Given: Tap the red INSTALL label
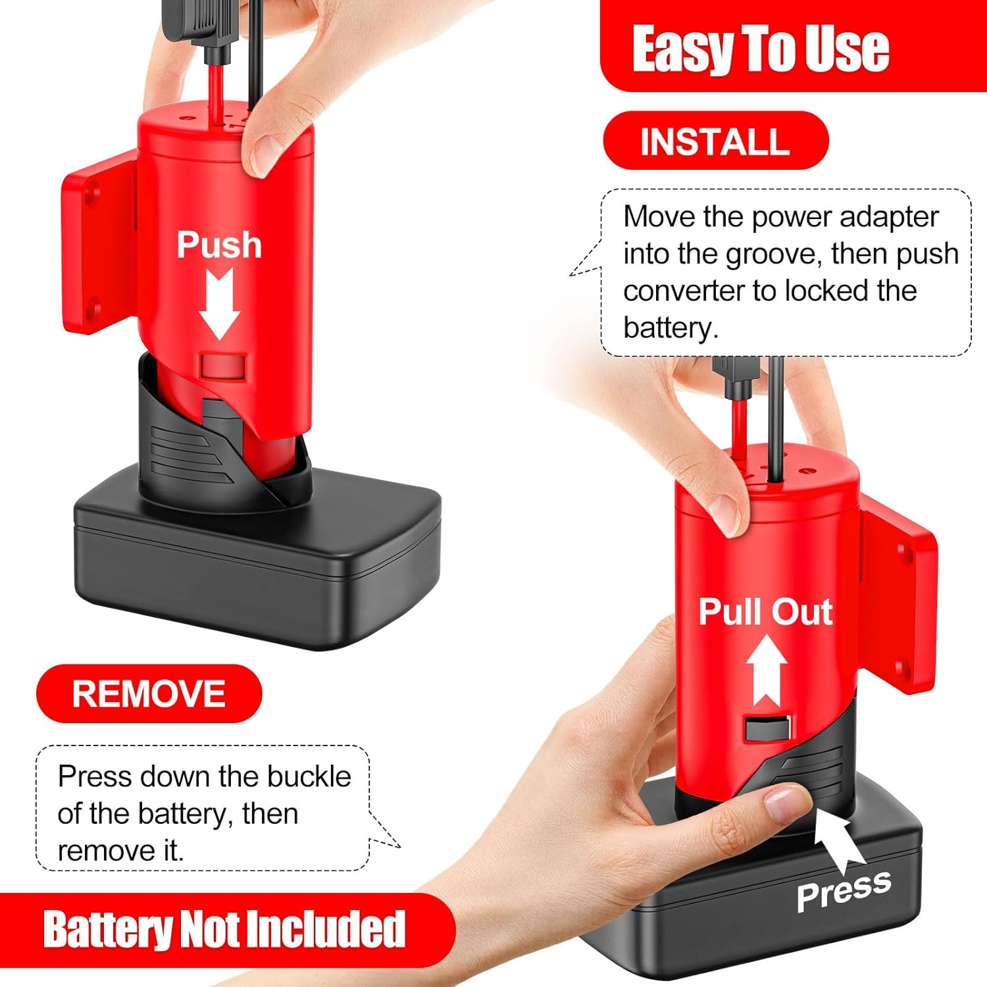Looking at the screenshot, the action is click(715, 141).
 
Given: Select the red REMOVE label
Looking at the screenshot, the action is click(149, 694).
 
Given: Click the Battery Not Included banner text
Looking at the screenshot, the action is click(224, 929).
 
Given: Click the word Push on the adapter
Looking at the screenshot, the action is click(219, 245).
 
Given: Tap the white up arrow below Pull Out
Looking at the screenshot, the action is click(767, 670).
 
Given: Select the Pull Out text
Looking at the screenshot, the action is click(765, 611).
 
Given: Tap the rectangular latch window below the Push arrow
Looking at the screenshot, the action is click(224, 367).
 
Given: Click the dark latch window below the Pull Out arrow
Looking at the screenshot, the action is click(767, 728).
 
